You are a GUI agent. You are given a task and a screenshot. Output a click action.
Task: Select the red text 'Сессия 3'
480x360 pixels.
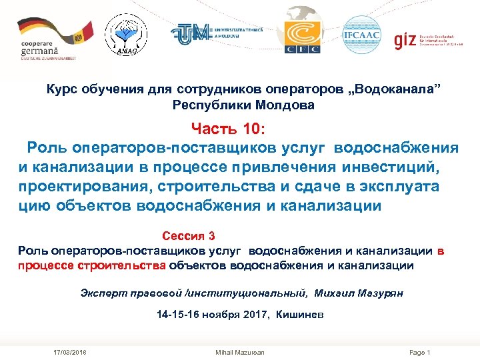[189, 236]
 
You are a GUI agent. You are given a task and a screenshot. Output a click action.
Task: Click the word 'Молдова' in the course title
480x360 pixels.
[280, 105]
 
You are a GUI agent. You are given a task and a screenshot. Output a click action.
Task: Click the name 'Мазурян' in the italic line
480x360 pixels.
[379, 293]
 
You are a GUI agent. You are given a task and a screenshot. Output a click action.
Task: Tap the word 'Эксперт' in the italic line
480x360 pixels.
[101, 293]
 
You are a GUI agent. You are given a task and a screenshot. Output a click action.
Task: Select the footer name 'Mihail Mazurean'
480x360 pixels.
[240, 352]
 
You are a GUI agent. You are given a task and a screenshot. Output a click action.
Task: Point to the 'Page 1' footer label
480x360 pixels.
[420, 352]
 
